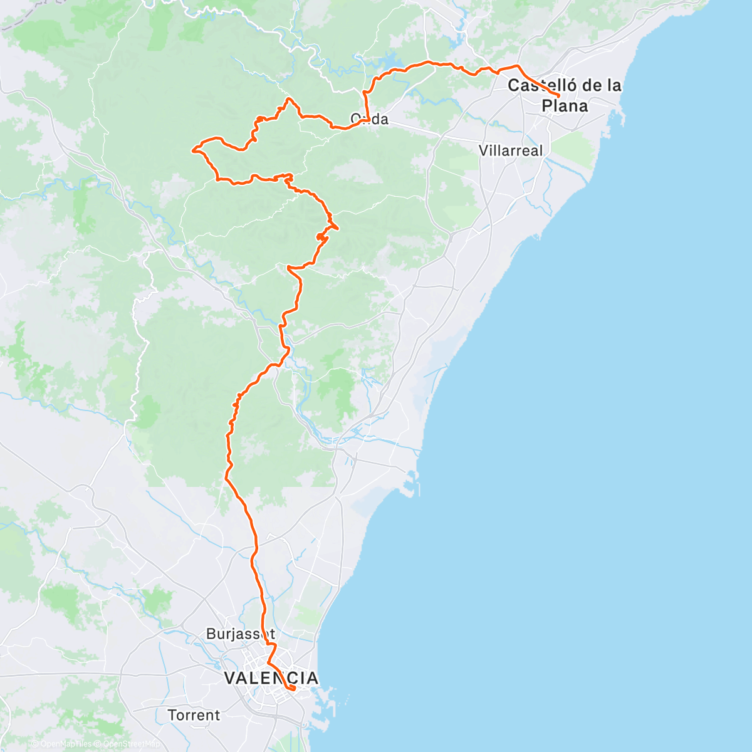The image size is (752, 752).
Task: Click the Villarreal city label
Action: point(511,150)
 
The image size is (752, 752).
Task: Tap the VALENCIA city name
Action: point(271,678)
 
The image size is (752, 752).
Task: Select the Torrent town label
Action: point(194,715)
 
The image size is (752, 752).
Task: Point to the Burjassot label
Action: point(241,634)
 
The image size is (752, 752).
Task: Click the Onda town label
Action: point(369,119)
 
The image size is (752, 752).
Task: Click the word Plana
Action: point(565,106)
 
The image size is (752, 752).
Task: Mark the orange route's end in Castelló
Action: point(558,96)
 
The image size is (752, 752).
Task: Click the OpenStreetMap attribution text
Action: point(127,744)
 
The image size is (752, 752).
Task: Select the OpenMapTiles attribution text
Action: point(65,744)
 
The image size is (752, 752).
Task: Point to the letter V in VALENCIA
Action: point(230,678)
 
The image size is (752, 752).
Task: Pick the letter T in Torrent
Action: point(172,715)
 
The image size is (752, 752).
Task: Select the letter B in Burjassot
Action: point(211,634)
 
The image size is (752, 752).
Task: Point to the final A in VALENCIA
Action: point(311,678)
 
